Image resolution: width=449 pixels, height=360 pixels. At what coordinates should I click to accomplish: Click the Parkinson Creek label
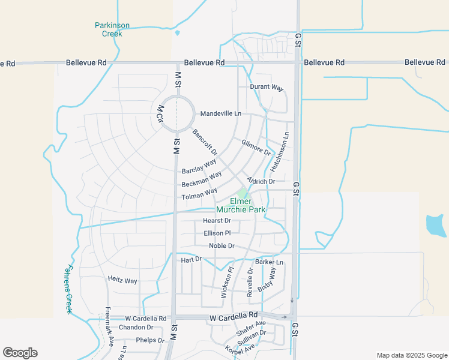pos(112,29)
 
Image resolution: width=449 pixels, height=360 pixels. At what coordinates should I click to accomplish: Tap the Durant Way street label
pos(267,88)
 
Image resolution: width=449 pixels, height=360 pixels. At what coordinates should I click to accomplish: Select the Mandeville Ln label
pos(220,113)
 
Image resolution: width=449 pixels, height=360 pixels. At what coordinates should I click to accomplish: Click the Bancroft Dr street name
pos(205,142)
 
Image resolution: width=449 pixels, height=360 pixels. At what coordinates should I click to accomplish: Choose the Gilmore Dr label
pos(256,146)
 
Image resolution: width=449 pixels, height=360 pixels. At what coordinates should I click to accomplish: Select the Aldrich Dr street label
pos(261,181)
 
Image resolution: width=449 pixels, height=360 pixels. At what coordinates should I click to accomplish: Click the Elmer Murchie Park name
pos(241,205)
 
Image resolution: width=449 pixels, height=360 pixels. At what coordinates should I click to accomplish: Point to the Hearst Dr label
pos(217,221)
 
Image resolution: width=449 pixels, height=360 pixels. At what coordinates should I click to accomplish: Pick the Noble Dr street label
pos(221,246)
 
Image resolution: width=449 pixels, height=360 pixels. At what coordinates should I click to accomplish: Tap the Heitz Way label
pos(122,280)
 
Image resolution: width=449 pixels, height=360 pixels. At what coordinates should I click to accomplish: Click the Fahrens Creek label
pos(68,289)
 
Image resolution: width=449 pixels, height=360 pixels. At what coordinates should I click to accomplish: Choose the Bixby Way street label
pos(267,280)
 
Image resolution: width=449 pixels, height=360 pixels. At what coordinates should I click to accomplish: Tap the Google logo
pos(20,353)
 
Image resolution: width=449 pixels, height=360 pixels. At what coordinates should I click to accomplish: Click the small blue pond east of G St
pos(435,225)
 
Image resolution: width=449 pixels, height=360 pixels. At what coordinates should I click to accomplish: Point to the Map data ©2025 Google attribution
pos(411,355)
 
